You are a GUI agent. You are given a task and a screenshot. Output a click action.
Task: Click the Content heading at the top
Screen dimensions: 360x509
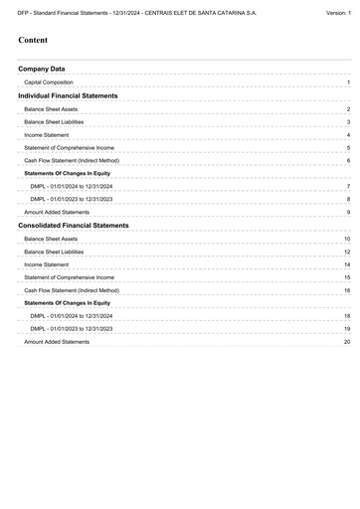coord(35,41)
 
